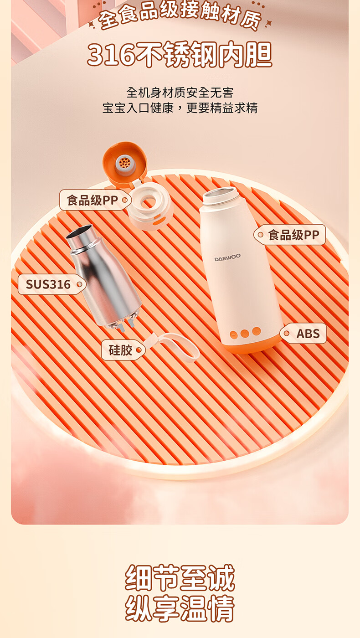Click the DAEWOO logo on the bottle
click(227, 258)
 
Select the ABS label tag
click(303, 334)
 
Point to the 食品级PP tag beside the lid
click(95, 200)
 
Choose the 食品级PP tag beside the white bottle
click(289, 235)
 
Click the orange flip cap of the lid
click(124, 163)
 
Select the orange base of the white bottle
click(251, 345)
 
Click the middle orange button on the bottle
click(245, 333)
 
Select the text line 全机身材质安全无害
click(180, 93)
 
